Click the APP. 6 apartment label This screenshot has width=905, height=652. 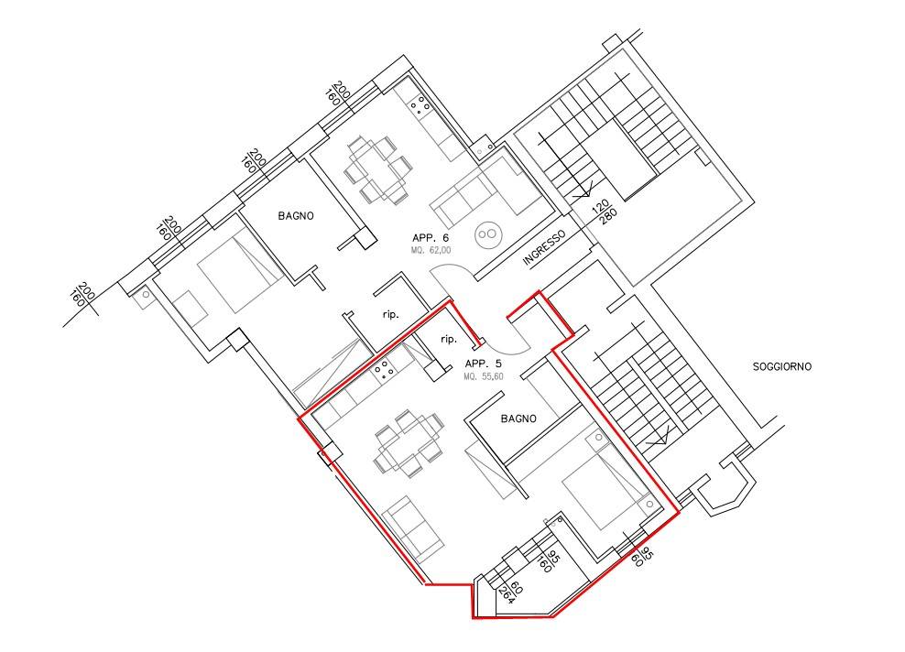coord(430,238)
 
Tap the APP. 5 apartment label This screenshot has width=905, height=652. coord(483,364)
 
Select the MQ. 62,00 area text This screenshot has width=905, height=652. coord(431,250)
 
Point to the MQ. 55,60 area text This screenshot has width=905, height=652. coord(483,376)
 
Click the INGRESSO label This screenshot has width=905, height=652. coord(543,248)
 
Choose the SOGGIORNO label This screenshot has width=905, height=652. coord(782,366)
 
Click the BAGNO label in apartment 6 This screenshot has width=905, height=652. coord(296,216)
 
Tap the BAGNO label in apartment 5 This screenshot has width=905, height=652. coord(518,418)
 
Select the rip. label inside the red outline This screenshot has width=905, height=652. coord(449,339)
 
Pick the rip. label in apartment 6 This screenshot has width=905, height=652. coord(391,315)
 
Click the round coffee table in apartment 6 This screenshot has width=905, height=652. coord(489,234)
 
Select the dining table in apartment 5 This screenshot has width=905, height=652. coord(409,442)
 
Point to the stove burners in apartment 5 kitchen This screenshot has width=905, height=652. coord(383,370)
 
